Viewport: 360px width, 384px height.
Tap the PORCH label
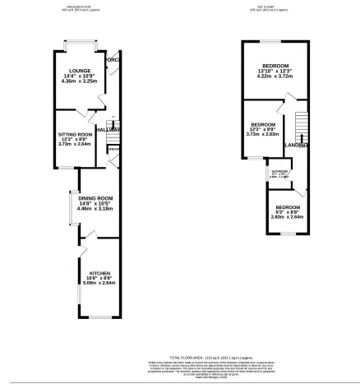click(x=112, y=58)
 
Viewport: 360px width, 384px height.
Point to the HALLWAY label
click(x=108, y=129)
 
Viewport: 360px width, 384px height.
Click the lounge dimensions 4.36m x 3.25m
click(x=79, y=81)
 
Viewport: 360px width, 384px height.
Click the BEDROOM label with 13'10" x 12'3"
click(x=275, y=65)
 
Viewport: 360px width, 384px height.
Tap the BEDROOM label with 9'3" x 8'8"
click(x=287, y=206)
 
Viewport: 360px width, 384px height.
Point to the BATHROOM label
click(x=278, y=171)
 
